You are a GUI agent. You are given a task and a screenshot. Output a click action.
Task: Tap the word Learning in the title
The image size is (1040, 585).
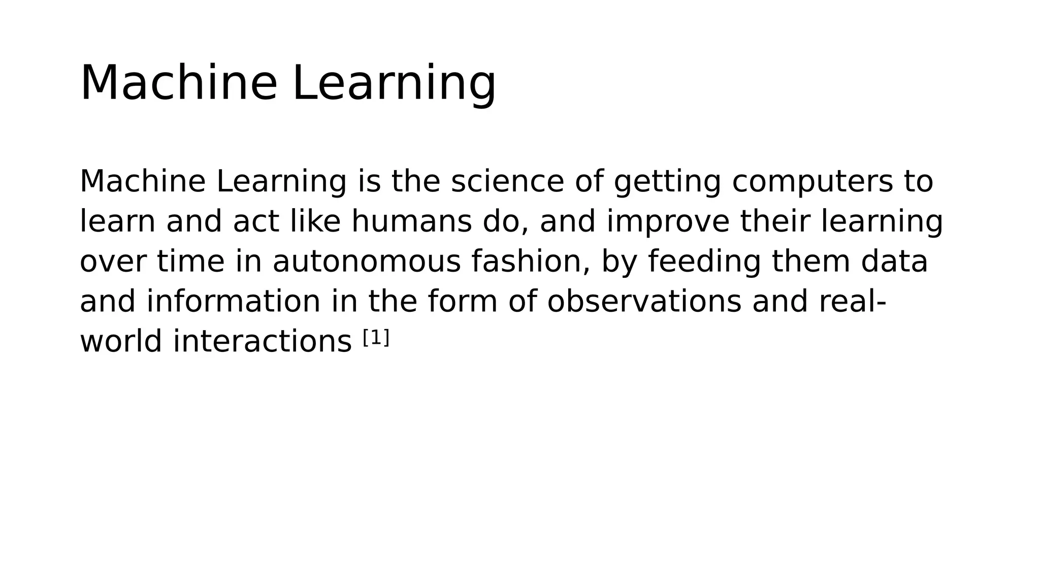coord(394,84)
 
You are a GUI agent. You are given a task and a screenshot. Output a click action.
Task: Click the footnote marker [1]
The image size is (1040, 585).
coord(376,338)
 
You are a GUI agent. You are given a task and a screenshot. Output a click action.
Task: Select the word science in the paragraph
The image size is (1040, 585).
coord(507,181)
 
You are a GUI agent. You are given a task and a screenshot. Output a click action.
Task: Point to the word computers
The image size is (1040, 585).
coord(811,182)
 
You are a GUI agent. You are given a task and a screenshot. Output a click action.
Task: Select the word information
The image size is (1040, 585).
coord(234,301)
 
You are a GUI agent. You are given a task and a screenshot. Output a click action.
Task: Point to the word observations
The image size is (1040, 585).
coord(644,301)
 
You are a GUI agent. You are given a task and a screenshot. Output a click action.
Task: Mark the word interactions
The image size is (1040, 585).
coord(262,341)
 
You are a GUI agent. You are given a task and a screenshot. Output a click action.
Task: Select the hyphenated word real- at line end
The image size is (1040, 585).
coord(853,301)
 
